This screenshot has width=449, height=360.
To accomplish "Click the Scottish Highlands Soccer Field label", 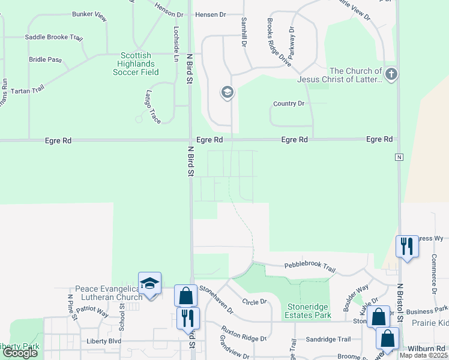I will click(x=136, y=64).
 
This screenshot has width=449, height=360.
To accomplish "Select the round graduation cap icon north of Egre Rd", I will click(x=227, y=92).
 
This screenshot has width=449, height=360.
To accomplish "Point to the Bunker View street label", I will click(x=89, y=16).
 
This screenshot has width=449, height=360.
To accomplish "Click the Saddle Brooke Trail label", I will click(x=53, y=37).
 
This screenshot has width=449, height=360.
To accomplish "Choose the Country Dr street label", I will click(x=289, y=104).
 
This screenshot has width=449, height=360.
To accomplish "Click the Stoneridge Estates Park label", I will click(x=309, y=310).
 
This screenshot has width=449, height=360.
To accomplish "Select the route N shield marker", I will click(x=399, y=157).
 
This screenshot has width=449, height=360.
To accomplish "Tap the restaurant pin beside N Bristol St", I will click(x=407, y=246).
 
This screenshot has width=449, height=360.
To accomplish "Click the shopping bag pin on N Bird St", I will click(x=185, y=295).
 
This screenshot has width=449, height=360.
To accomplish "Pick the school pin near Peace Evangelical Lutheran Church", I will click(x=149, y=284).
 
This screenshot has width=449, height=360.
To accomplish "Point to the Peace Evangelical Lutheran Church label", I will click(x=108, y=293).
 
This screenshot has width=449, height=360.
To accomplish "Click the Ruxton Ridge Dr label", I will click(x=243, y=334).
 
